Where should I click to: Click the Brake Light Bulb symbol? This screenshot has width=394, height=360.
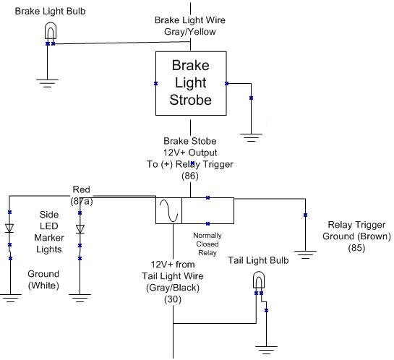pyautogui.click(x=51, y=30)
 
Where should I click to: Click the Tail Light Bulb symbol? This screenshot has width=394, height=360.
pyautogui.click(x=259, y=280)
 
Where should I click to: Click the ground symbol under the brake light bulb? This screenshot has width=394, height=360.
pyautogui.click(x=47, y=83)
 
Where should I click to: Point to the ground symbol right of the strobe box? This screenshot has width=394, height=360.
pyautogui.click(x=251, y=137)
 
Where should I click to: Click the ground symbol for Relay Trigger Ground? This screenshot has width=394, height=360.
pyautogui.click(x=305, y=254)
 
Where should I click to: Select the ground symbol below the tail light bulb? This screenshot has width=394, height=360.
pyautogui.click(x=266, y=350)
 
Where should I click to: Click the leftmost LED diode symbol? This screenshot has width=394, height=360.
pyautogui.click(x=9, y=228)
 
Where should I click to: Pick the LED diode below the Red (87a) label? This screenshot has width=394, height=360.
pyautogui.click(x=80, y=229)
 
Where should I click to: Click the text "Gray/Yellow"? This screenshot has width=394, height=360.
pyautogui.click(x=190, y=32)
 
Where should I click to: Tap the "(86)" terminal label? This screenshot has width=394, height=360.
pyautogui.click(x=190, y=176)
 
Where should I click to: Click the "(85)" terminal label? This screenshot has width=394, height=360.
pyautogui.click(x=356, y=248)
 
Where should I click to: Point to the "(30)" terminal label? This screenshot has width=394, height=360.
pyautogui.click(x=173, y=299)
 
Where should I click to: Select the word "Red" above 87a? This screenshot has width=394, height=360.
pyautogui.click(x=81, y=189)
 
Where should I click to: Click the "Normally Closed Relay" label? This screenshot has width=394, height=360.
pyautogui.click(x=207, y=244)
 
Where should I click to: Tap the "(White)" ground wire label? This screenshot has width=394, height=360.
pyautogui.click(x=43, y=286)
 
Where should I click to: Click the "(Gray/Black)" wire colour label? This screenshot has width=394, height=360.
pyautogui.click(x=173, y=288)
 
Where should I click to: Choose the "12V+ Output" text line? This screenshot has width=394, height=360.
pyautogui.click(x=190, y=153)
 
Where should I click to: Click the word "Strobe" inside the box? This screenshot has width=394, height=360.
pyautogui.click(x=190, y=100)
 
